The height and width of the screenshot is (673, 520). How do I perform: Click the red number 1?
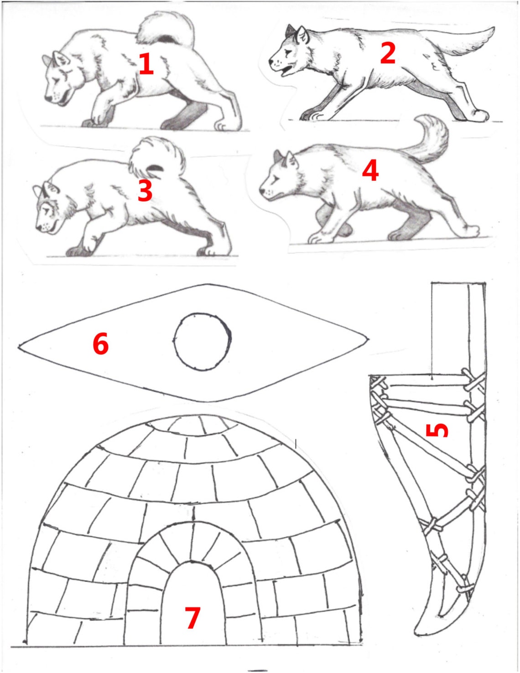point(146,64)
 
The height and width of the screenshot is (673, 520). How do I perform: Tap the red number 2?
point(388,53)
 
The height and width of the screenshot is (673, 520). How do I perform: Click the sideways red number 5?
point(437,429)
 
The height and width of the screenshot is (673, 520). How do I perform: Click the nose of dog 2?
point(271,61)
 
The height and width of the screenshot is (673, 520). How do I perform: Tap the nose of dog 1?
point(47,99)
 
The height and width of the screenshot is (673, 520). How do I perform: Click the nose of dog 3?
point(38,228)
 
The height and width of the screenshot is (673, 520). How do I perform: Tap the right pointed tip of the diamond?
point(368,339)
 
